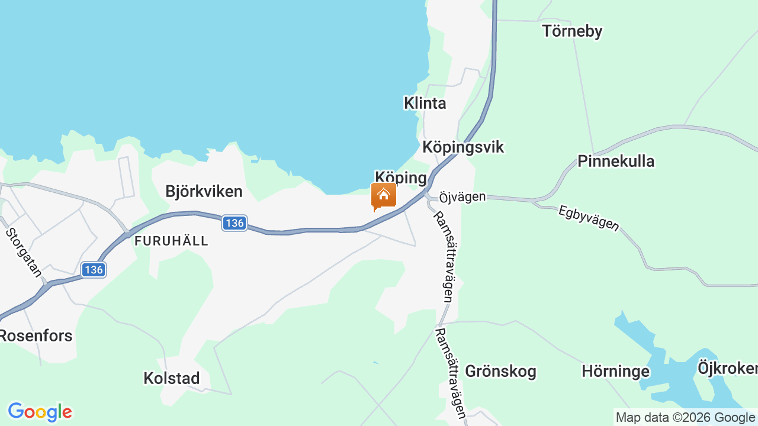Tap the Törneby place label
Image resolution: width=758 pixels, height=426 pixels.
[x=572, y=31]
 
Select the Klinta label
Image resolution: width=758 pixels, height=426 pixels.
[x=425, y=103]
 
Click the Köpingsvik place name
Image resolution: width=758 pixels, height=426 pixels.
[x=462, y=147]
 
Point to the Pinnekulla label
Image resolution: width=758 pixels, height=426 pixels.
[x=616, y=161]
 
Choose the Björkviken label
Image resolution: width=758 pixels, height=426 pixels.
[x=204, y=191]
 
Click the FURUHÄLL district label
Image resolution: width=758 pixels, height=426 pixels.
[x=171, y=241]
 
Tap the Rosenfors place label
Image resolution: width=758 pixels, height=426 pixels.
[x=36, y=335]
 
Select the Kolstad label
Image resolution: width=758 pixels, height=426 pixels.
[x=171, y=378]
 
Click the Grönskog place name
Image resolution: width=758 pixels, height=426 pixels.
[x=500, y=371]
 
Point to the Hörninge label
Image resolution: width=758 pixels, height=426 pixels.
[x=615, y=371]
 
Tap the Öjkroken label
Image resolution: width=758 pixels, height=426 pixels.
[x=727, y=368]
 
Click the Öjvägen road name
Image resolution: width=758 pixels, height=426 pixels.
[x=462, y=196]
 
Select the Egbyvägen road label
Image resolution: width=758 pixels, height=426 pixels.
[x=589, y=218]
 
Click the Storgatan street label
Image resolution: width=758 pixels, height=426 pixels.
[x=24, y=252]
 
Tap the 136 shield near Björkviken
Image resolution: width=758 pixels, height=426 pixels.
[x=235, y=223]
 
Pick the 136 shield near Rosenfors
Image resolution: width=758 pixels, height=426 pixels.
[x=94, y=270]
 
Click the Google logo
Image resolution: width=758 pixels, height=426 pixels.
[x=40, y=412]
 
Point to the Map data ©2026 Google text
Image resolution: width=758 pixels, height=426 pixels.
[x=685, y=417]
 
